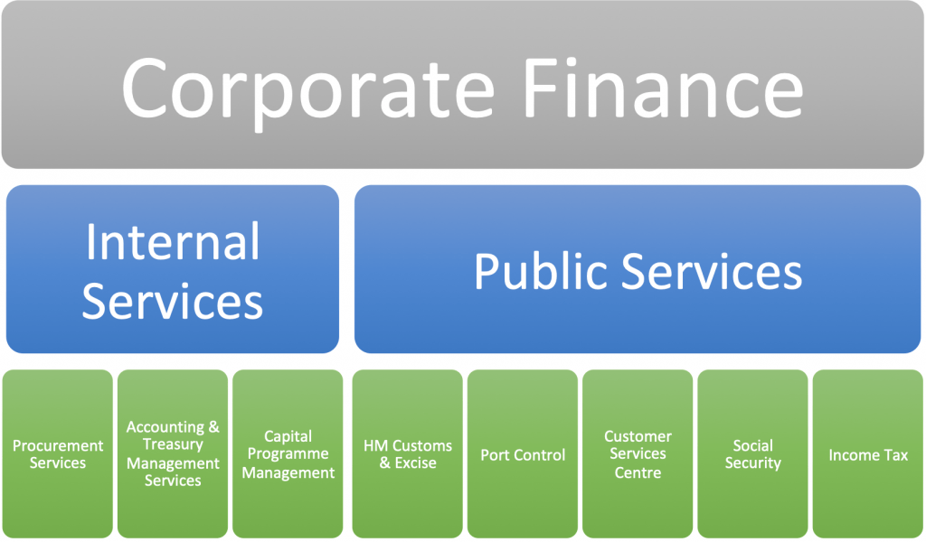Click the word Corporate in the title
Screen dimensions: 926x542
(x=307, y=89)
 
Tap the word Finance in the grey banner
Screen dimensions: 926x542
(x=663, y=88)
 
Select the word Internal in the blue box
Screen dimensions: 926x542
(x=173, y=241)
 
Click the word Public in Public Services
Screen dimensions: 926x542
(x=541, y=271)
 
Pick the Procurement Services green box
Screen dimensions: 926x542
(x=57, y=453)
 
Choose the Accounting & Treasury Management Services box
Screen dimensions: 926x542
(x=173, y=453)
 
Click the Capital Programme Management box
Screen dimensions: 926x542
(x=288, y=453)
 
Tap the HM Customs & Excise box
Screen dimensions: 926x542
(x=408, y=453)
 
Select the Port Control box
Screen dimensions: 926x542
(x=523, y=453)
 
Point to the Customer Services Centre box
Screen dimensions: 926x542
(x=638, y=453)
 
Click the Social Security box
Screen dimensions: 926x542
(x=753, y=453)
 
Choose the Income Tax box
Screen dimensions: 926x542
(x=868, y=453)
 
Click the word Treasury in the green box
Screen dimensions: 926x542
(x=173, y=444)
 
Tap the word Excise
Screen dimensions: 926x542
(x=416, y=463)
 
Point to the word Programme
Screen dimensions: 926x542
(x=288, y=454)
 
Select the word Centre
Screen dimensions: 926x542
(x=638, y=472)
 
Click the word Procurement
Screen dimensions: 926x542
(x=58, y=445)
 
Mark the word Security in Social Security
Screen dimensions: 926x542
(x=753, y=463)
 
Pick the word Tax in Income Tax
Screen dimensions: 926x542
(x=896, y=454)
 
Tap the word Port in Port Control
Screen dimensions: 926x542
(x=494, y=454)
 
